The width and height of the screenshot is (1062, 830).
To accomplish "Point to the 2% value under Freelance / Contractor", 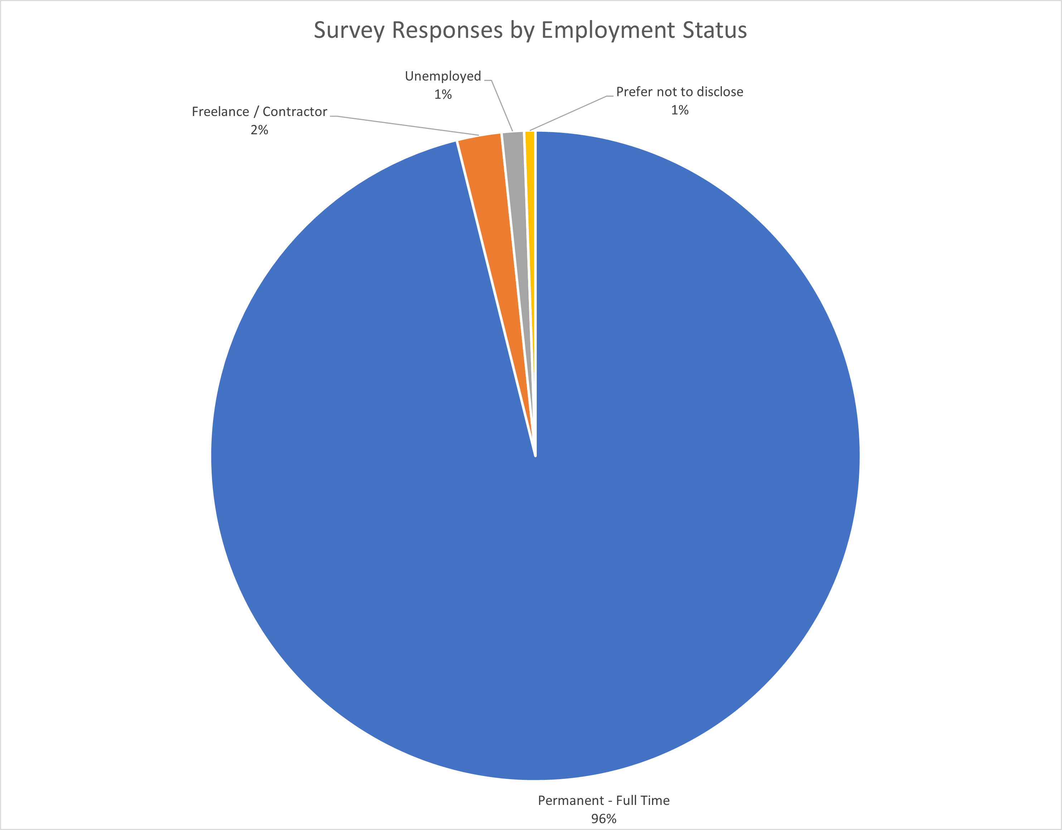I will tap(259, 130).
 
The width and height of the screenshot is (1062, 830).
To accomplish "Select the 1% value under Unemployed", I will tap(443, 94).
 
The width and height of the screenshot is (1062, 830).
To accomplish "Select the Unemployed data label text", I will tap(443, 76).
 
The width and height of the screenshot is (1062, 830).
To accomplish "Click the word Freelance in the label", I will tap(220, 112).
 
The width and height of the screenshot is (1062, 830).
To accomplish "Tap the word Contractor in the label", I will tap(295, 112).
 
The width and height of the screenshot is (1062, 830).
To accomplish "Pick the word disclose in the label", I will tap(720, 92).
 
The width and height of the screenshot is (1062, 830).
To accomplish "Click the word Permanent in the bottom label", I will tap(570, 800).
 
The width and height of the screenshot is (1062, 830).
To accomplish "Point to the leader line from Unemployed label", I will tap(502, 106).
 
